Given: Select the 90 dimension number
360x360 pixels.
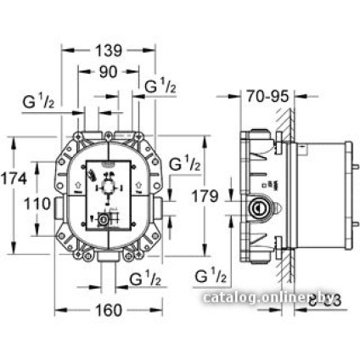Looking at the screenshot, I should coord(107,73).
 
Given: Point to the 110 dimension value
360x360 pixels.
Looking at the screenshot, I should coord(37,204).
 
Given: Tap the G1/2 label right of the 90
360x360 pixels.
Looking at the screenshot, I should coord(160,86).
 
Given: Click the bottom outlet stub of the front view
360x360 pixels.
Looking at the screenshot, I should coord(107,254).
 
